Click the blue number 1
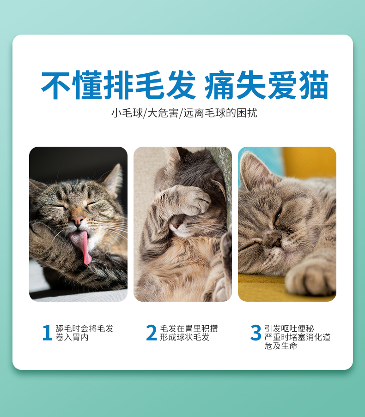[x=48, y=333]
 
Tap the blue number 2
[x=152, y=333]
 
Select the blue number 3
[x=256, y=333]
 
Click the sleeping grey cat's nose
[x=276, y=241]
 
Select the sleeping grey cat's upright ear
[x=256, y=170]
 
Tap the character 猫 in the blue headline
[x=314, y=85]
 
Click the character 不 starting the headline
[x=56, y=85]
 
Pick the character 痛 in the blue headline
[x=219, y=85]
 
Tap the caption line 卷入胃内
[x=72, y=337]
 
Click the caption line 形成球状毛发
[x=185, y=337]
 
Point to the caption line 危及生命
[x=280, y=346]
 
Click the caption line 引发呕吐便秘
[x=289, y=328]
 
